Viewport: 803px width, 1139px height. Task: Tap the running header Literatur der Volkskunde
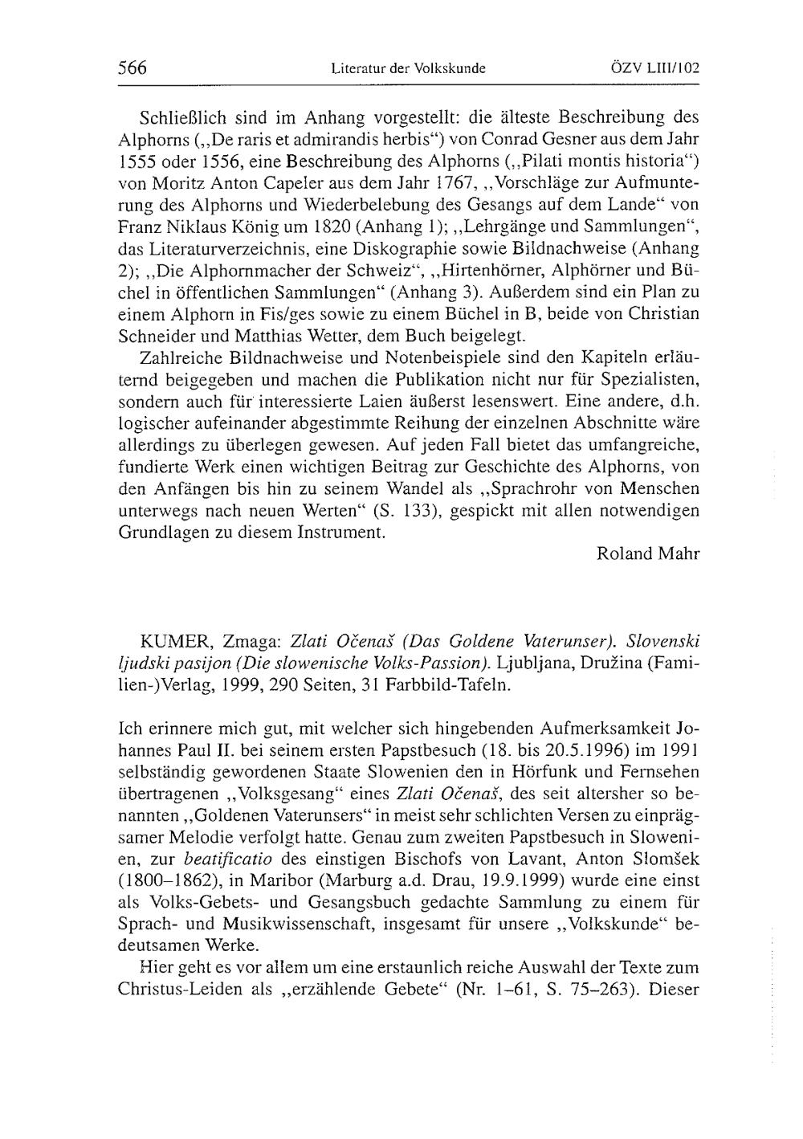click(x=408, y=69)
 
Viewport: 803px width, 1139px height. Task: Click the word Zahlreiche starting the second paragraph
click(x=178, y=357)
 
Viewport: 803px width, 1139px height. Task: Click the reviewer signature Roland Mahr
click(x=649, y=553)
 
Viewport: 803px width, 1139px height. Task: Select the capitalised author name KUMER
click(x=167, y=642)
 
